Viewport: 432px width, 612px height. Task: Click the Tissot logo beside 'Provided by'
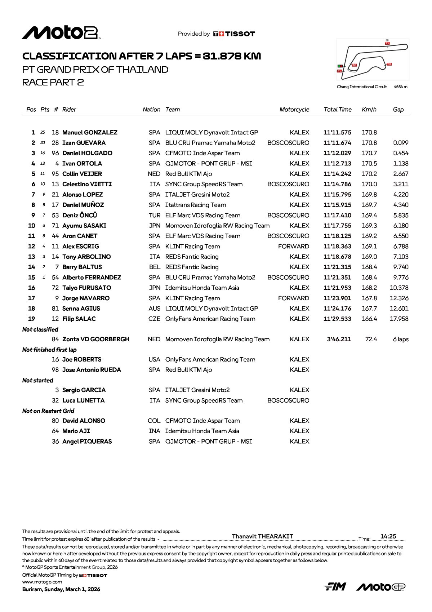(234, 34)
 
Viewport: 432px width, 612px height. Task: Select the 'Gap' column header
(398, 110)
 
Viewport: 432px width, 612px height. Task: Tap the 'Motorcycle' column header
(294, 110)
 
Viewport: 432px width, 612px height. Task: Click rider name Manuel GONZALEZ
(90, 133)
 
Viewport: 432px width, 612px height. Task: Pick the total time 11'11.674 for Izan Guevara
(337, 143)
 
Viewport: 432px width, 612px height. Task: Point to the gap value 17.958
(399, 319)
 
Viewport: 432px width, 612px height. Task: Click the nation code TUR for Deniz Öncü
(154, 216)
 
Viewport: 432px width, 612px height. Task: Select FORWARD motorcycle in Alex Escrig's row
(293, 247)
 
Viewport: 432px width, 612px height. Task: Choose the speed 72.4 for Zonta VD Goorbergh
(371, 340)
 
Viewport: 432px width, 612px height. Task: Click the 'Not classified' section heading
(40, 329)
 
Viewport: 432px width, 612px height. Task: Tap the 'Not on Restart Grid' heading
(48, 411)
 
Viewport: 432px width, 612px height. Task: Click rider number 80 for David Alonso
(55, 421)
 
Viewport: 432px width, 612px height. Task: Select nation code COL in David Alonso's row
(154, 421)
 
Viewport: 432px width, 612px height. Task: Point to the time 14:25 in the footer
(388, 536)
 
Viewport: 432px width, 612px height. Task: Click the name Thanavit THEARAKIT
(262, 536)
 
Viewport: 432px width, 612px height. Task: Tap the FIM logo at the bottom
(335, 587)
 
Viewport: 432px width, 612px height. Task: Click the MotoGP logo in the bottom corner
(381, 587)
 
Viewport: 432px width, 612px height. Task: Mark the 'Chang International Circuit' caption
(362, 87)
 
